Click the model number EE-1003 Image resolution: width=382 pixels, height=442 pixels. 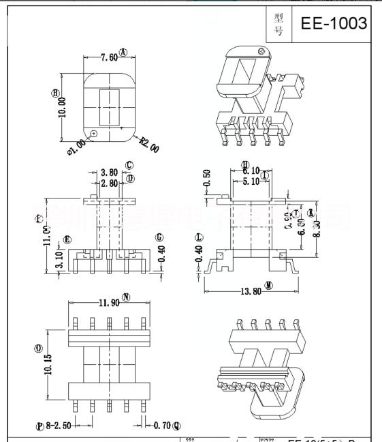click(334, 23)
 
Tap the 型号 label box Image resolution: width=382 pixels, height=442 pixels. click(278, 23)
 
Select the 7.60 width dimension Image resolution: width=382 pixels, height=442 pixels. click(108, 58)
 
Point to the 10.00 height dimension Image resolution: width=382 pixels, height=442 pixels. click(62, 106)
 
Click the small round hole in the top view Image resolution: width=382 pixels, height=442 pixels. click(94, 133)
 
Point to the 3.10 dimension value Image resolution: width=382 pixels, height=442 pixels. click(57, 261)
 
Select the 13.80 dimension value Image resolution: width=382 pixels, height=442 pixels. click(246, 291)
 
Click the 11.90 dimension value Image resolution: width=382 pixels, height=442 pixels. click(108, 302)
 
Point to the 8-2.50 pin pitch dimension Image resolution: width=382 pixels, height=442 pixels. click(57, 426)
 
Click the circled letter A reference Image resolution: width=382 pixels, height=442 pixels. click(124, 53)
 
